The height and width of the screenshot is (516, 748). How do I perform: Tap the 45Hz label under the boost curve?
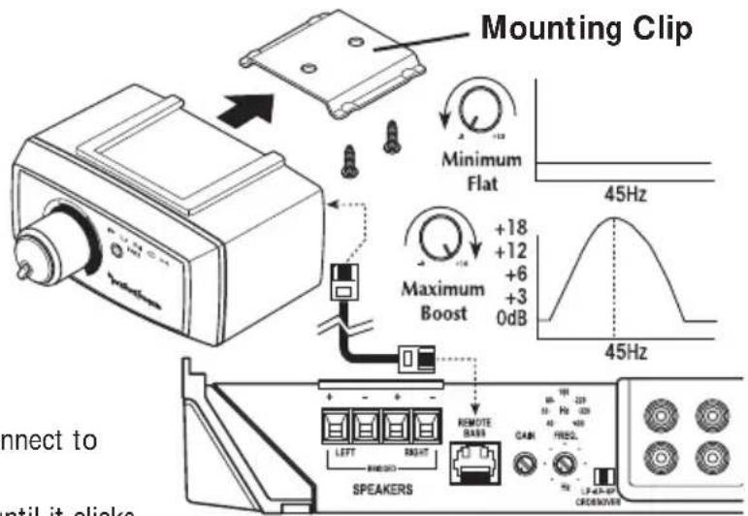click(620, 353)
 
